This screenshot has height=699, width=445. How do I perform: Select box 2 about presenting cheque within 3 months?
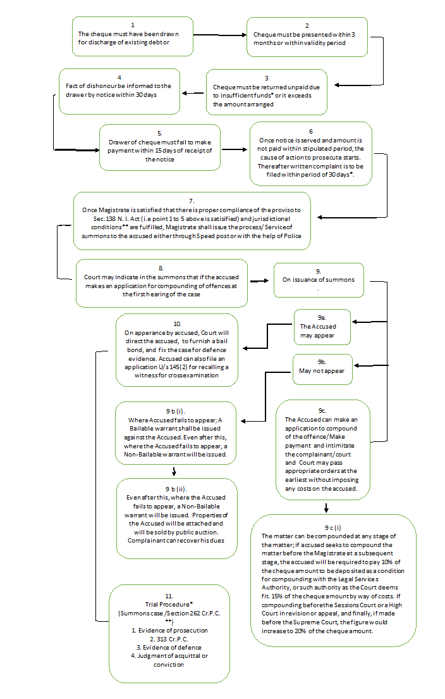307,37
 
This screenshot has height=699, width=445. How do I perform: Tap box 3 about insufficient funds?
266,92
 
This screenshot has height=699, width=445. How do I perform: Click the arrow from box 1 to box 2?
218,35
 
